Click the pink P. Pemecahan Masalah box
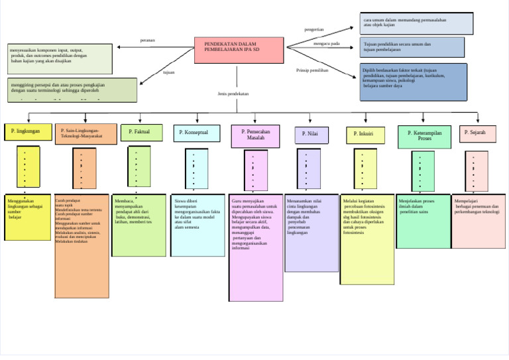click(255, 135)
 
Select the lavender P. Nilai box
click(311, 135)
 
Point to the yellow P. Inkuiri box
click(365, 135)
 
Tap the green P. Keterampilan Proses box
click(424, 136)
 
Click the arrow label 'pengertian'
click(314, 30)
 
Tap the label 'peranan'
click(148, 40)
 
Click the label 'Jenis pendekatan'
click(233, 94)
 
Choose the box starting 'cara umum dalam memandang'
click(416, 23)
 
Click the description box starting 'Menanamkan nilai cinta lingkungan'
click(311, 233)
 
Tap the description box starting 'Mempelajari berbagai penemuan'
click(479, 221)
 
